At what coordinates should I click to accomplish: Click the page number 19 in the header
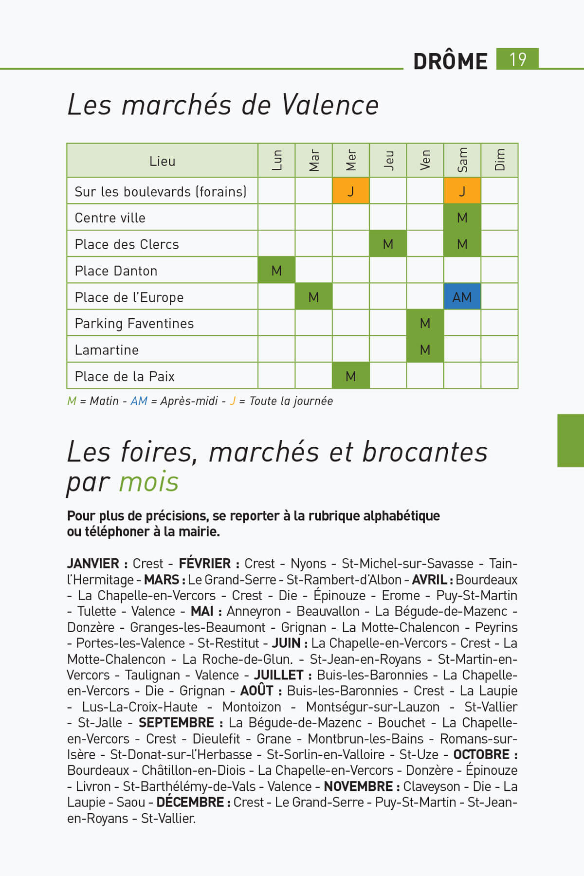[x=517, y=59]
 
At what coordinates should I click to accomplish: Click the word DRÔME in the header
[x=450, y=61]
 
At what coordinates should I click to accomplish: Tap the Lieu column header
[x=162, y=161]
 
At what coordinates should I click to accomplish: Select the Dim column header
[x=499, y=160]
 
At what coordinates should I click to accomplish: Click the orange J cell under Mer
[x=350, y=191]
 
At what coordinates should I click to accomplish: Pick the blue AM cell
[x=462, y=297]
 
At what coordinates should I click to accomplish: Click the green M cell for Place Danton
[x=276, y=271]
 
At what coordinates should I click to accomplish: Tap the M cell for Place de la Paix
[x=350, y=376]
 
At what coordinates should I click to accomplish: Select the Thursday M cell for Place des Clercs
[x=388, y=244]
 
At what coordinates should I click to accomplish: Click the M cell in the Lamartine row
[x=425, y=350]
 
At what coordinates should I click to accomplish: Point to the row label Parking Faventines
[x=134, y=324]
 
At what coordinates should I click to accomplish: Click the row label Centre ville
[x=110, y=218]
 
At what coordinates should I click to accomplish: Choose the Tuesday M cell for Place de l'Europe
[x=313, y=297]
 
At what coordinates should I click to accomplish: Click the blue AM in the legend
[x=139, y=401]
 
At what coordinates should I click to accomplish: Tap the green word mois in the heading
[x=149, y=482]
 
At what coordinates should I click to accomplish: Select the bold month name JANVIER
[x=93, y=564]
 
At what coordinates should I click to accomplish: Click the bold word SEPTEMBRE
[x=176, y=723]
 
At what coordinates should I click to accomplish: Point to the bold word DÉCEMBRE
[x=190, y=802]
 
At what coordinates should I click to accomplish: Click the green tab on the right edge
[x=570, y=440]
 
